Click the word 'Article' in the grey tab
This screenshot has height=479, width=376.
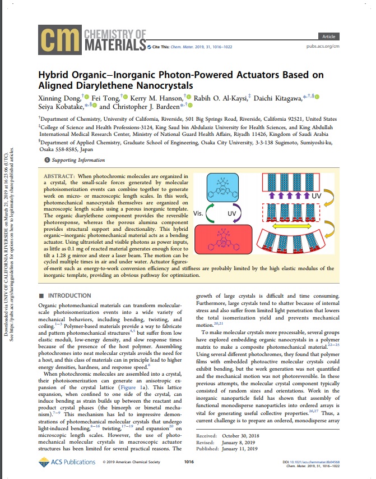329,37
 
